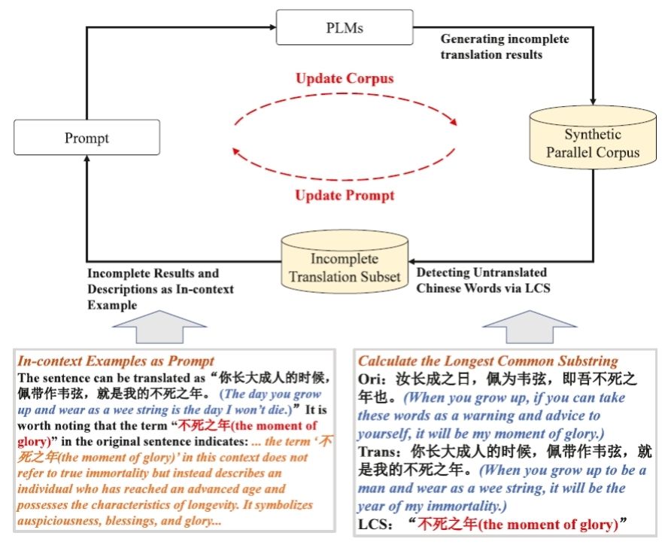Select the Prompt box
tap(87, 138)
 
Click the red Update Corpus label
tap(345, 78)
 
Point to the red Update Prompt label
tap(345, 196)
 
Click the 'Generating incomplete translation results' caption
tap(504, 46)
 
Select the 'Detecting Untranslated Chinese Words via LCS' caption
tap(481, 279)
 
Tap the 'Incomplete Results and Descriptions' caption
tap(160, 281)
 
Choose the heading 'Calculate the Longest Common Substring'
tap(487, 361)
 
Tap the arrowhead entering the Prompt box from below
tap(87, 161)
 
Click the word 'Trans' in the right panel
tap(375, 454)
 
